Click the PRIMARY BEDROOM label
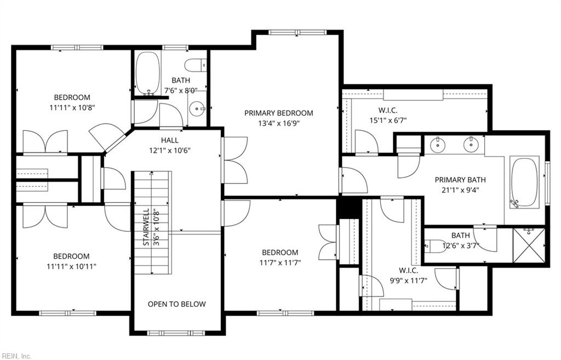point(278,113)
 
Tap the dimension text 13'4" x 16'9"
point(278,123)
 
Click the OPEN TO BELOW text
point(177,304)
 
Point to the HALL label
point(169,140)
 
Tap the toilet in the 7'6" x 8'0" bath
point(195,66)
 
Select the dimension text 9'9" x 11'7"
point(408,281)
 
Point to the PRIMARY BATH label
point(460,180)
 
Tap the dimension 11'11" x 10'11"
point(71,266)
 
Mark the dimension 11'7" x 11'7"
point(280,262)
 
